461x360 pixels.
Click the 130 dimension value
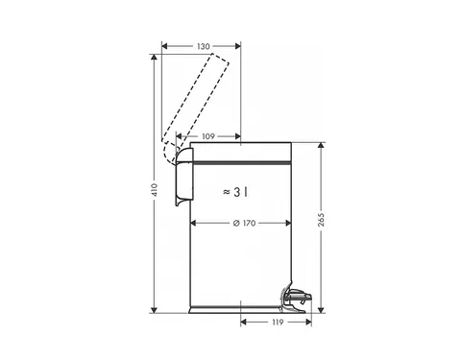pyautogui.click(x=204, y=46)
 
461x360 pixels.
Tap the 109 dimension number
pyautogui.click(x=208, y=136)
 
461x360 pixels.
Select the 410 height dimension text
pyautogui.click(x=155, y=190)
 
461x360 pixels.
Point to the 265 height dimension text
pyautogui.click(x=321, y=220)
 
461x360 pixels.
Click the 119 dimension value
pyautogui.click(x=278, y=323)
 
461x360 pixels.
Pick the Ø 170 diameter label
pyautogui.click(x=245, y=223)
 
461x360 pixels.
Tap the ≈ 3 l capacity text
pyautogui.click(x=235, y=192)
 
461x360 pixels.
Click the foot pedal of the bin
pyautogui.click(x=296, y=297)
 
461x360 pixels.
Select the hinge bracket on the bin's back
pyautogui.click(x=184, y=177)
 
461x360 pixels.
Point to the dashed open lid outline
pyautogui.click(x=196, y=106)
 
